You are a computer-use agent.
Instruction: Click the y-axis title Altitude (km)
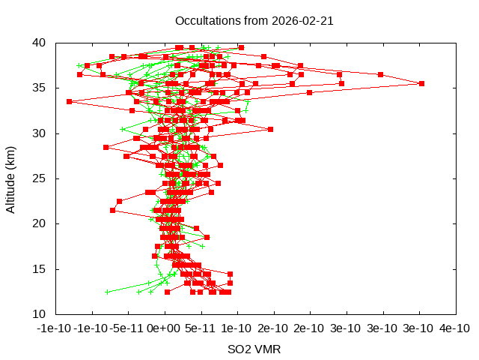(11, 178)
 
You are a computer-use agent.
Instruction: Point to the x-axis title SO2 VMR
(254, 349)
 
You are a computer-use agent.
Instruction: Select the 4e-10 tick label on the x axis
(455, 328)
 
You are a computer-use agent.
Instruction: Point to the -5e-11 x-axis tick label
(128, 328)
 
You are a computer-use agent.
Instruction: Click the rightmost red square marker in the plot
(421, 83)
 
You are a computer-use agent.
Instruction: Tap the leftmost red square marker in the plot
(69, 101)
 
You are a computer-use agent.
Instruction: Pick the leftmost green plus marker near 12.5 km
(108, 292)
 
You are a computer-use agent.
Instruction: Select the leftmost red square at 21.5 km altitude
(112, 210)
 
